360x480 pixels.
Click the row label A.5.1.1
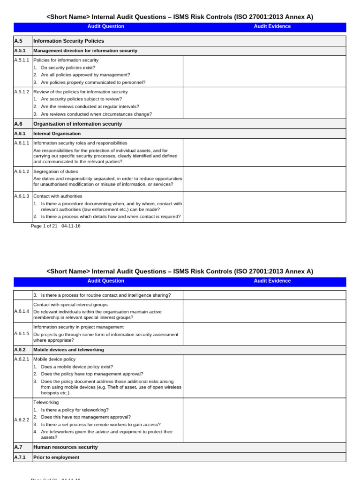[22, 60]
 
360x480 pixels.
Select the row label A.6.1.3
[22, 196]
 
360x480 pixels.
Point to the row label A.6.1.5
[22, 333]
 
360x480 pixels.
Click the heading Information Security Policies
[68, 41]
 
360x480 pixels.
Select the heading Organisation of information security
[77, 124]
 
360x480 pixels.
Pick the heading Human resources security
[65, 447]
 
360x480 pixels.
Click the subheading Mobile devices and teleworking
[68, 350]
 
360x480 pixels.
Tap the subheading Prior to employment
[56, 457]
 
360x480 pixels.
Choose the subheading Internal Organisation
[57, 134]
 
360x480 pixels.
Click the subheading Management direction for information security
[85, 51]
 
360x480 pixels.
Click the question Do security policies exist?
[68, 67]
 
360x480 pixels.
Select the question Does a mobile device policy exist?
[77, 367]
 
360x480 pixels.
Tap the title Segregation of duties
[55, 172]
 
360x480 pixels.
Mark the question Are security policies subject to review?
[81, 99]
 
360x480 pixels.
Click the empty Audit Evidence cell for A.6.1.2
[264, 179]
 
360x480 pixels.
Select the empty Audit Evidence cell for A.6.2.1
[264, 376]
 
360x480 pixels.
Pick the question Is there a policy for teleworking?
[75, 410]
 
